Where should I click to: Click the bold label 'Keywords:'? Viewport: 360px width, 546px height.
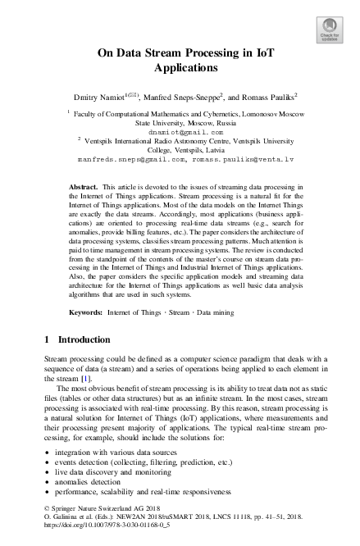[x=86, y=313]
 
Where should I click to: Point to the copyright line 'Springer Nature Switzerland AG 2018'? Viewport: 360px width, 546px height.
[x=107, y=520]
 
